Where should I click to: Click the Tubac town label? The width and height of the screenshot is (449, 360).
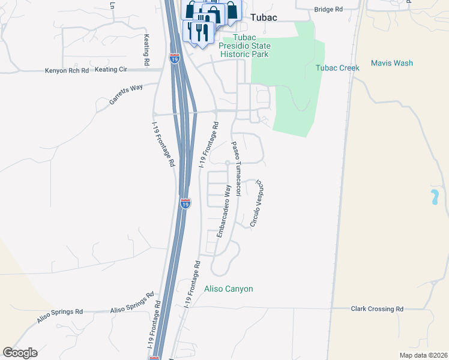[x=264, y=17]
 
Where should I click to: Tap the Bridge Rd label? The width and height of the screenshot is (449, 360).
[x=328, y=10]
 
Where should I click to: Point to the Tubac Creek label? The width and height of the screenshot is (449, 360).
[x=337, y=68]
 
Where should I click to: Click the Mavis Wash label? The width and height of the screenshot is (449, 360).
[x=391, y=63]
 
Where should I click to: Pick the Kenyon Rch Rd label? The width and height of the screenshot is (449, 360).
[x=67, y=70]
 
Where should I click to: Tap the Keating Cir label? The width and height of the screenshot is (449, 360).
[x=111, y=70]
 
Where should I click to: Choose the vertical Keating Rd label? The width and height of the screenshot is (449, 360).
[x=146, y=50]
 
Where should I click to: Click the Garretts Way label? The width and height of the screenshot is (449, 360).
[x=126, y=95]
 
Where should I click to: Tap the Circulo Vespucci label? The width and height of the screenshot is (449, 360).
[x=257, y=203]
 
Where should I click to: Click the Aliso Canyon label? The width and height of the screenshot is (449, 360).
[x=229, y=289]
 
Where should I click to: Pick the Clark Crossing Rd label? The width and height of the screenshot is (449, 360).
[x=377, y=308]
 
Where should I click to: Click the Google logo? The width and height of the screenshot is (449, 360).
[x=20, y=353]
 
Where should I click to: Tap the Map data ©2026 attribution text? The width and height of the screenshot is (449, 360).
[x=423, y=355]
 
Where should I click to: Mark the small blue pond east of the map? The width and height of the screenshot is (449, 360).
[x=433, y=197]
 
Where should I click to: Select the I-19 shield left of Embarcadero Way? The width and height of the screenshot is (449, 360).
[x=185, y=203]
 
